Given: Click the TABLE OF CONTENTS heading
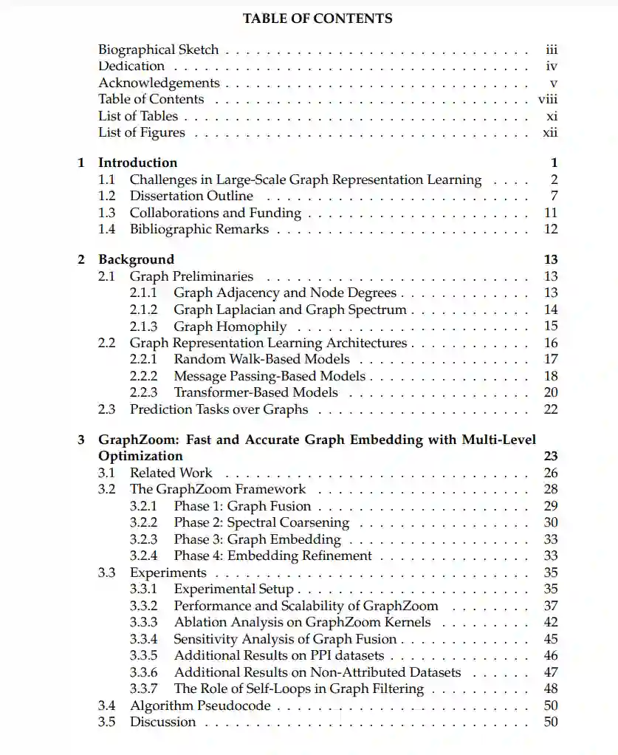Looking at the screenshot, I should pyautogui.click(x=317, y=18).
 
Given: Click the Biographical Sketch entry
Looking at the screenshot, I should pyautogui.click(x=158, y=50).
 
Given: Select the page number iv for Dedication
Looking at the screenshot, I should pyautogui.click(x=551, y=66).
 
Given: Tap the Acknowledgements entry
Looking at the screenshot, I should pyautogui.click(x=159, y=83).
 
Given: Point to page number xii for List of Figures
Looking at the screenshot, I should pyautogui.click(x=550, y=133).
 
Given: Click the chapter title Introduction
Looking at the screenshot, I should pyautogui.click(x=137, y=163).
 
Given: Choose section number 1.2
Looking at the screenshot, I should pyautogui.click(x=107, y=196).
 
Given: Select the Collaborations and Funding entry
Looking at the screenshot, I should pyautogui.click(x=215, y=213).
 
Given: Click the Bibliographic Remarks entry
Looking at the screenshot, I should pyautogui.click(x=199, y=229).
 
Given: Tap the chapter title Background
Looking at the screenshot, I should pyautogui.click(x=136, y=259).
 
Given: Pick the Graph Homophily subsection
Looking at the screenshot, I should pyautogui.click(x=230, y=327).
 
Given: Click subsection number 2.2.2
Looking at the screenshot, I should pyautogui.click(x=143, y=376).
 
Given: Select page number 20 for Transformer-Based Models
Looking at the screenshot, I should pyautogui.click(x=551, y=393).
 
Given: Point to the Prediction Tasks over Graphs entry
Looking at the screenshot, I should pyautogui.click(x=219, y=409).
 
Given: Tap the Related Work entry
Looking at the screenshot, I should pyautogui.click(x=171, y=473).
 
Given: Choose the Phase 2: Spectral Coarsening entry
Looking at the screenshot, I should pyautogui.click(x=261, y=523).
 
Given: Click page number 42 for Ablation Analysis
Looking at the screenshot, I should pyautogui.click(x=551, y=622).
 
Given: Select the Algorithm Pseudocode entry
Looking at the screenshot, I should pyautogui.click(x=200, y=706).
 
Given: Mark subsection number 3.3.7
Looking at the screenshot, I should pyautogui.click(x=143, y=689).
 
